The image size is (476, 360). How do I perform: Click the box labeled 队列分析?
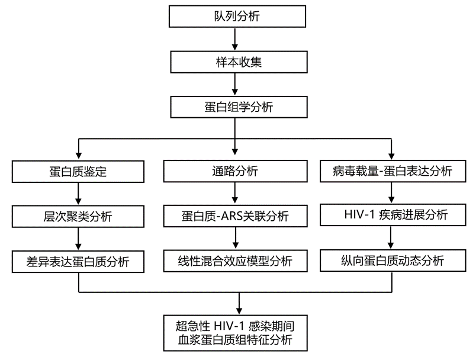click(x=236, y=16)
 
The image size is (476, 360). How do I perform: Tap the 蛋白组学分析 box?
click(x=236, y=107)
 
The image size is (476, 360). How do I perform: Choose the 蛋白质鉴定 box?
click(x=79, y=172)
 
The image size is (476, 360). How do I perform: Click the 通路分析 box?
click(x=236, y=172)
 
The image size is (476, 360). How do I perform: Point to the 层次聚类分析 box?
click(x=79, y=216)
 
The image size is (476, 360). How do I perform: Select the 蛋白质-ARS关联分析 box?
click(x=236, y=216)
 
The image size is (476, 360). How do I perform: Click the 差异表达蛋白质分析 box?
click(x=79, y=261)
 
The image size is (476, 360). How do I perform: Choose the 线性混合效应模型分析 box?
click(x=236, y=261)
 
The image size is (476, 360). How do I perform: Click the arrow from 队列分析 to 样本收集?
click(x=236, y=39)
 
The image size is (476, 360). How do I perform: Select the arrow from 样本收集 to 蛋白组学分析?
click(x=236, y=85)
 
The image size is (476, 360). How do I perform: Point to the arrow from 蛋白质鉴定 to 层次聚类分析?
click(x=79, y=194)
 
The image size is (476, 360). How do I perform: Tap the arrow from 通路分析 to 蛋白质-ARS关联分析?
click(x=236, y=193)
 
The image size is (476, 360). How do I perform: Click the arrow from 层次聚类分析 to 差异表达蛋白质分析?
click(x=79, y=238)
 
